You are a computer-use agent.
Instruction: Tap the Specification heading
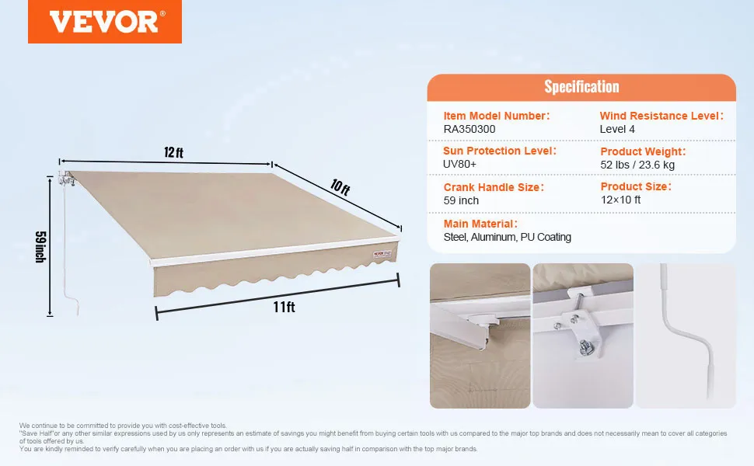[x=581, y=86]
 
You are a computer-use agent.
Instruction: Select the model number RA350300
[x=469, y=129]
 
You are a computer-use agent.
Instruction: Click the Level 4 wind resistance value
[x=617, y=129]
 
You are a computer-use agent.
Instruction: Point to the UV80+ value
[x=459, y=165]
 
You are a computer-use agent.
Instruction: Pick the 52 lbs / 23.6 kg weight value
[x=637, y=165]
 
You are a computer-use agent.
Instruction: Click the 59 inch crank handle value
[x=461, y=201]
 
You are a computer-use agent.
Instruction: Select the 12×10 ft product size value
[x=620, y=200]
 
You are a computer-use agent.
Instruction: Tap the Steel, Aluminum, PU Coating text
[x=508, y=238]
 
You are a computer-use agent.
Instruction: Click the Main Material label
[x=480, y=224]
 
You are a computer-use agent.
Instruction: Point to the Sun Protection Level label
[x=499, y=151]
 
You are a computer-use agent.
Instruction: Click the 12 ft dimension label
[x=173, y=152]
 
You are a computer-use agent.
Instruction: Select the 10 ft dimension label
[x=340, y=187]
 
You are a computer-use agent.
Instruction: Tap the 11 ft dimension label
[x=284, y=307]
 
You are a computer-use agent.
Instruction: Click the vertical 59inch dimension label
[x=41, y=247]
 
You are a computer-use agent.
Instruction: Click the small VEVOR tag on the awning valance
[x=382, y=254]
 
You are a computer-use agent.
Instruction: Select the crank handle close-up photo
[x=686, y=336]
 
